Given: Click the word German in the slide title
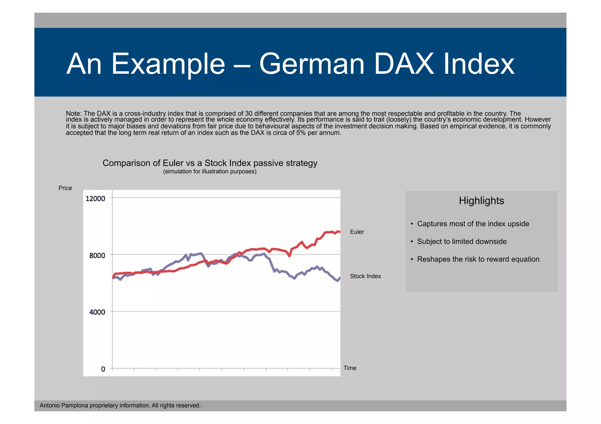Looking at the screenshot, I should coord(312,64).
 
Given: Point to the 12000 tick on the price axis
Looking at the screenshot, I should coord(95,199).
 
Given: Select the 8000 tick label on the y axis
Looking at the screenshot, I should coord(97,256).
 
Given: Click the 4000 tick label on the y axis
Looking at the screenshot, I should coord(97,312).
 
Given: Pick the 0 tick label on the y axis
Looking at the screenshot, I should coord(103,369).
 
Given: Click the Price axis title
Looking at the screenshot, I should coord(65,188).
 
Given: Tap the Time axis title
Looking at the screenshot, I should coord(350,368).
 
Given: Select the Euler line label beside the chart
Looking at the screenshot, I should coord(357,232).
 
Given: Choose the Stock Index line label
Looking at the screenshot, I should coord(365,276).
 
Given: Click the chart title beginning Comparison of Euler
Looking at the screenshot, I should coord(210,163).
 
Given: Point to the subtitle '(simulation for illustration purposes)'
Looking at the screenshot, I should coord(210,171).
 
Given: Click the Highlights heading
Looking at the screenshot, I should coord(481,201).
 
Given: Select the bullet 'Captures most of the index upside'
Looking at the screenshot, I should coord(473,224).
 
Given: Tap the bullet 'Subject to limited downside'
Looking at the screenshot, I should coord(462,241).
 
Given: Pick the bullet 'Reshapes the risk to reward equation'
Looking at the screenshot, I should coord(478,259).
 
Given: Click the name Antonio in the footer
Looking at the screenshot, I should coord(50,406).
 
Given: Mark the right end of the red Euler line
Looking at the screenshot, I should coord(340,232).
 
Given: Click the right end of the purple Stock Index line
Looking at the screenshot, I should coord(340,278).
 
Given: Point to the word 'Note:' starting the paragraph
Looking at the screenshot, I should coord(74,114).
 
